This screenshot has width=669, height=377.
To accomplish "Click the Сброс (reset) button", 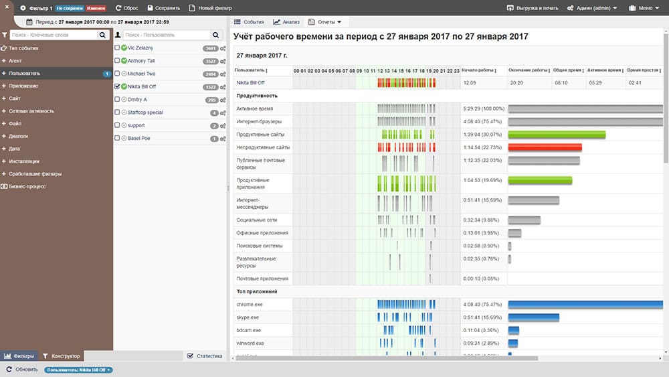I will click(x=126, y=8).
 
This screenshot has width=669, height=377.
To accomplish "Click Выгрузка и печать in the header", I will click(x=533, y=8).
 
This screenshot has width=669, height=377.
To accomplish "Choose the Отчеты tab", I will click(x=325, y=22).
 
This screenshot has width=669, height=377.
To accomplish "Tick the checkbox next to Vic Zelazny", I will click(x=118, y=48).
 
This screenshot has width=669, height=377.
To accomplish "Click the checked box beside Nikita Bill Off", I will click(x=118, y=86).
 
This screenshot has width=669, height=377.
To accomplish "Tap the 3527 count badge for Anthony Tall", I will click(x=210, y=61).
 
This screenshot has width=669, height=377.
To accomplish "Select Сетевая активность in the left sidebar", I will click(x=31, y=111).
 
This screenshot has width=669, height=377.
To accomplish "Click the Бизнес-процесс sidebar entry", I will click(x=27, y=186).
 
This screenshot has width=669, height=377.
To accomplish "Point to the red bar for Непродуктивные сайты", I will click(x=545, y=147).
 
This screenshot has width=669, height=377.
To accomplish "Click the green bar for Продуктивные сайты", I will click(x=557, y=135).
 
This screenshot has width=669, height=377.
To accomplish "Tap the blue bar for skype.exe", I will click(x=533, y=317).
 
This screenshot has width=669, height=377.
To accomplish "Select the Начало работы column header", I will click(x=476, y=70).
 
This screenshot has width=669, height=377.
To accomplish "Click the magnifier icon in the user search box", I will click(x=216, y=35).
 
